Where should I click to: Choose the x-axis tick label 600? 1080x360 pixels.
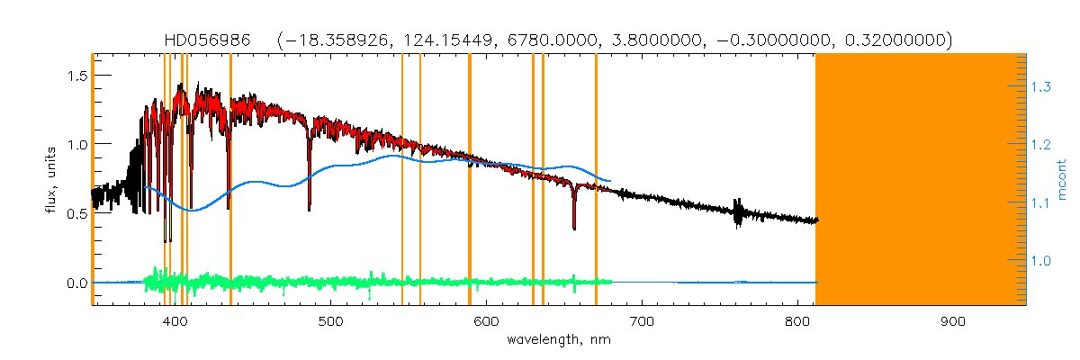486,321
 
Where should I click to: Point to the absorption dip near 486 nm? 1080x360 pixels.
310,205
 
